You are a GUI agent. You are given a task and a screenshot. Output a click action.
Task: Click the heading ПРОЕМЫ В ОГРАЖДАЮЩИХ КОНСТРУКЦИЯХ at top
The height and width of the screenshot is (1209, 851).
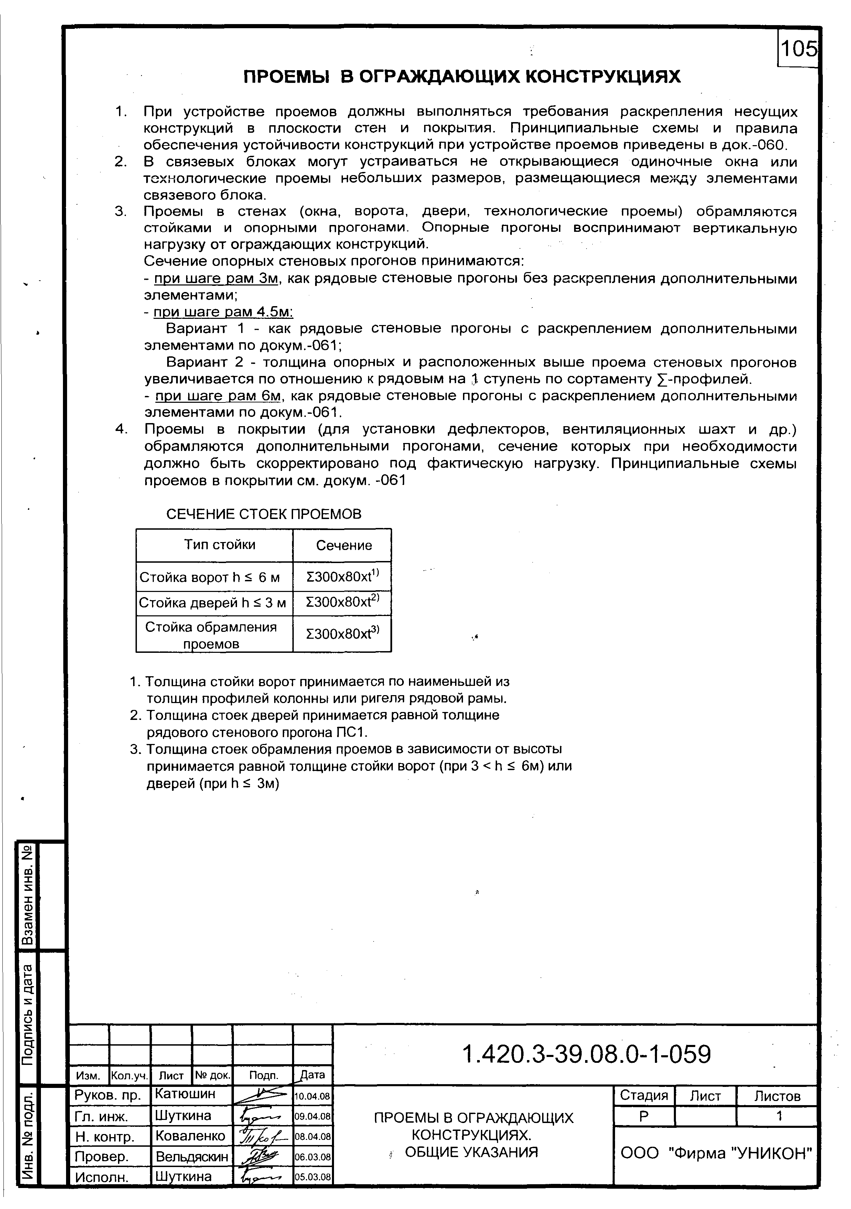pyautogui.click(x=462, y=77)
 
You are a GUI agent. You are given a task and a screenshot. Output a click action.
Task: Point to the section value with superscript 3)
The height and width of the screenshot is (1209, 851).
pyautogui.click(x=342, y=634)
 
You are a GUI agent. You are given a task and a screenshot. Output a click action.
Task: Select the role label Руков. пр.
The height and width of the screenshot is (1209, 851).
pyautogui.click(x=108, y=1095)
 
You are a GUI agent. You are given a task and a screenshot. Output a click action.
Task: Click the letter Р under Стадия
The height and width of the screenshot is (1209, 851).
pyautogui.click(x=644, y=1116)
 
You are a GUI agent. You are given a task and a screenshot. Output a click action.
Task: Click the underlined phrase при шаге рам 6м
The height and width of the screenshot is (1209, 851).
pyautogui.click(x=216, y=396)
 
